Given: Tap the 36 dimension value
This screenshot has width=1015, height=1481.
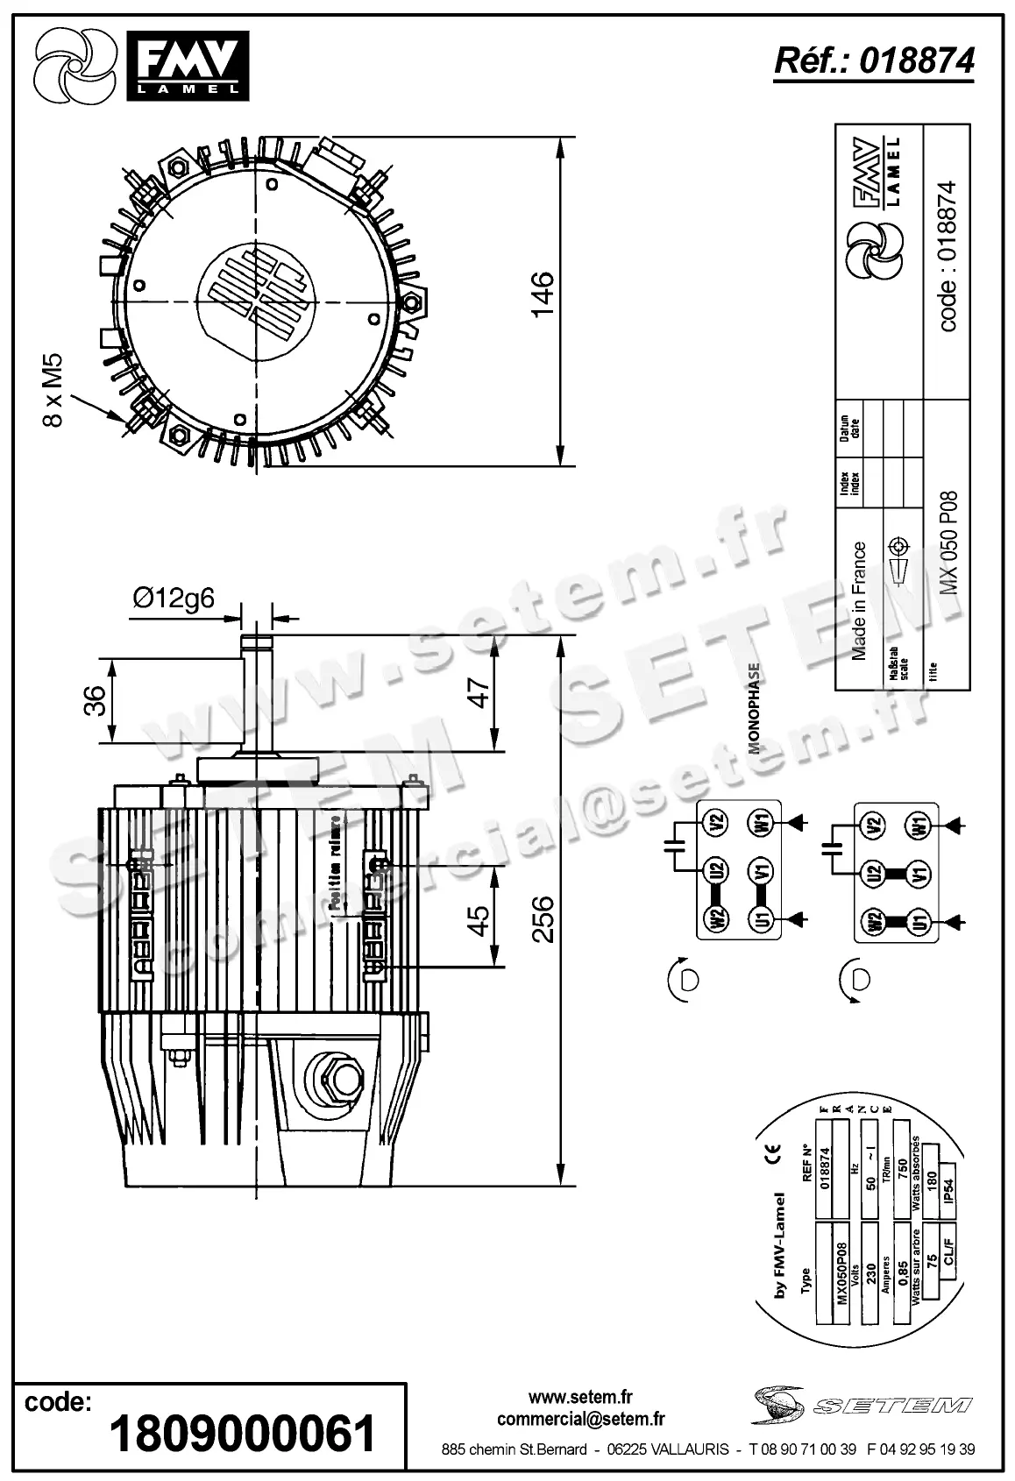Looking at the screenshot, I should click(95, 699).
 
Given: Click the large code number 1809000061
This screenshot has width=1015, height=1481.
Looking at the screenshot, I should click(243, 1434).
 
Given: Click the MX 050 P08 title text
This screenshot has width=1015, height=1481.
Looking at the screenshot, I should click(948, 543).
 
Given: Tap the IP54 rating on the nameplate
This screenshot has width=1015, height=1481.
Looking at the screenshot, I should click(948, 1194).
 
